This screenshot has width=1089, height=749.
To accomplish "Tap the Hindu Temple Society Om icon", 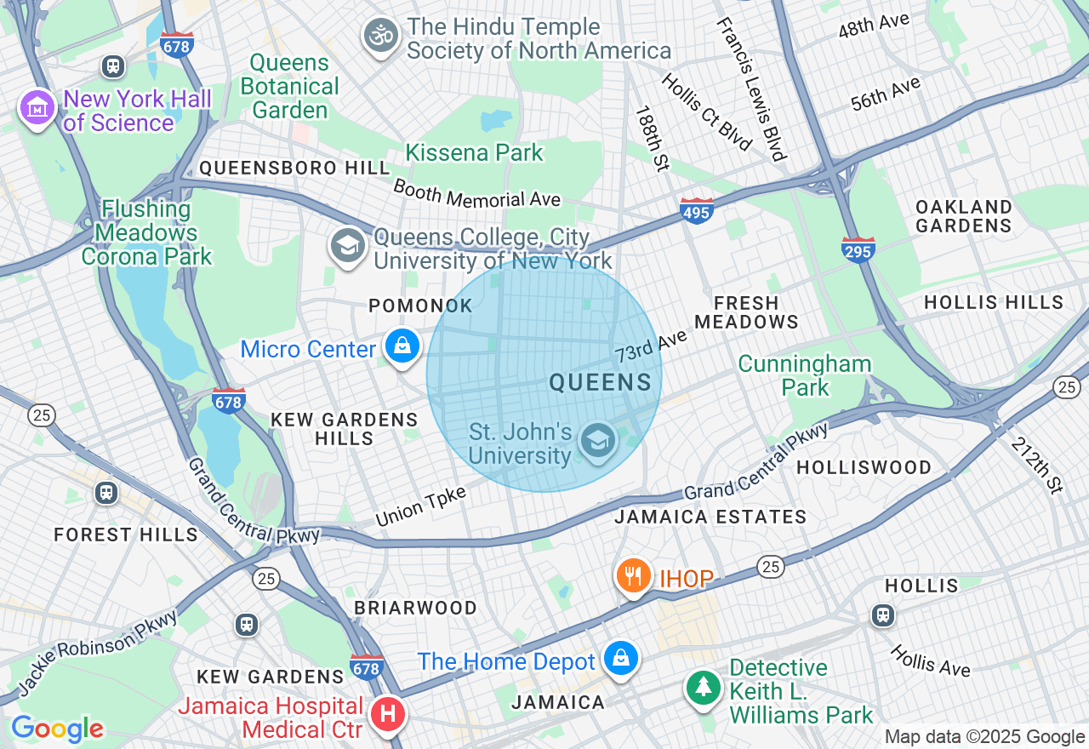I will (380, 37).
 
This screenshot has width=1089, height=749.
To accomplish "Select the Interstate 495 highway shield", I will (696, 210).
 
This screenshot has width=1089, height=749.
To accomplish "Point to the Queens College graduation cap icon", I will (347, 246).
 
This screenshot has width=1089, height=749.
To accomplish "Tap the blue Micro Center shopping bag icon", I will (402, 346).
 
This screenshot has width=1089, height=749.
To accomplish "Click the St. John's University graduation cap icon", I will (598, 441).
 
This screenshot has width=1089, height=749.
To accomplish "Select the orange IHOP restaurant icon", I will (634, 577).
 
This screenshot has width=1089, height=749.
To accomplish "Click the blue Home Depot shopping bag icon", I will (621, 659).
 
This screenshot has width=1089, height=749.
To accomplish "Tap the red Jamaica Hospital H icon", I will (388, 714).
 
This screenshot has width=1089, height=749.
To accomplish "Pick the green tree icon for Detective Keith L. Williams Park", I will (703, 688).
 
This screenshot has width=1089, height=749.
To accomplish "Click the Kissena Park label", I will (474, 153).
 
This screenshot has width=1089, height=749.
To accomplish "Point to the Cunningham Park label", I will (804, 375).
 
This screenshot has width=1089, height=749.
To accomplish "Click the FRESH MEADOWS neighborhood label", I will (746, 312).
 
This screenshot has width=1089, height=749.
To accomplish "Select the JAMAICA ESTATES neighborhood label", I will (710, 517).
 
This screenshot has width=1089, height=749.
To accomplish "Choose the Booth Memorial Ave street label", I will (477, 193).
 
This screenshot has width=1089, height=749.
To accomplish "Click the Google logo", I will (57, 729).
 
